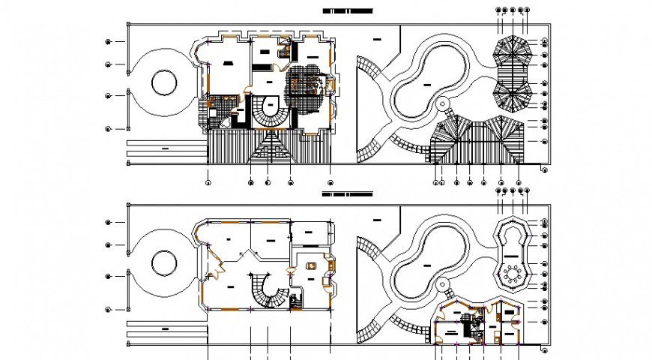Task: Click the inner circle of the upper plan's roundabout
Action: [x=163, y=82]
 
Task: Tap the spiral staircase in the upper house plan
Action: [x=268, y=111]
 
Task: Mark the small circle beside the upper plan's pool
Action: [x=442, y=103]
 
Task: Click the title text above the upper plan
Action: [x=347, y=12]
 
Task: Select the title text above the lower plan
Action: [x=347, y=193]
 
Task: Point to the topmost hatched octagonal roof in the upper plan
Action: [x=513, y=52]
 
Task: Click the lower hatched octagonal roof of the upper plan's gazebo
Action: [x=513, y=94]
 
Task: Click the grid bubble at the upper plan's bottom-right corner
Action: [x=545, y=171]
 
